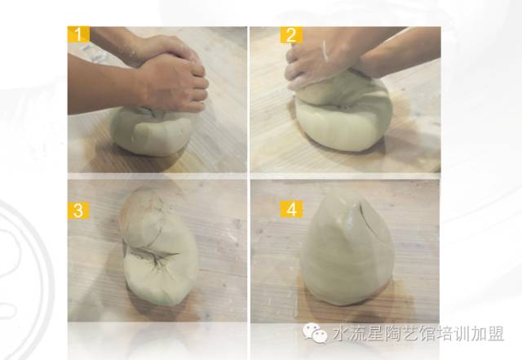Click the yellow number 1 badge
pos(78,34)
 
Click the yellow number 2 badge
pos(291,35)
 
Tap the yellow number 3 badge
pos(78,211)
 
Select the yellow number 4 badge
pos(291,209)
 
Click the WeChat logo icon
pos(315,333)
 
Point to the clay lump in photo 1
pos(151,131)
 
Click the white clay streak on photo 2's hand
pos(325,51)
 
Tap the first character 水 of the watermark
pos(340,333)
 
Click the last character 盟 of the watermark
pos(496,333)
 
